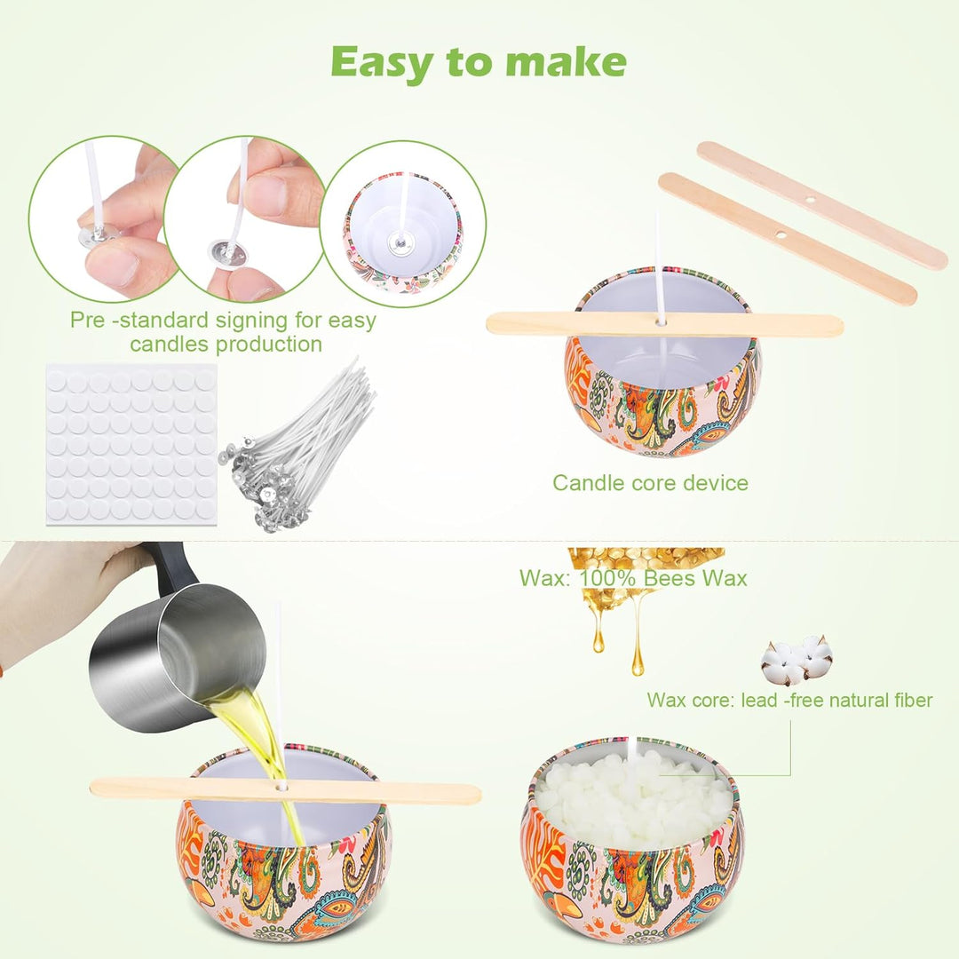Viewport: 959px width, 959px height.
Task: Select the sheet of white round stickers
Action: [131, 443]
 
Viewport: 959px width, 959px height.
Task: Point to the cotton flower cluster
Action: [797, 659]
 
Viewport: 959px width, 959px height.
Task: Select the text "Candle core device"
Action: [650, 482]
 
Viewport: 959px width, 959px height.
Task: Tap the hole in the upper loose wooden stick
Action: [810, 200]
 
